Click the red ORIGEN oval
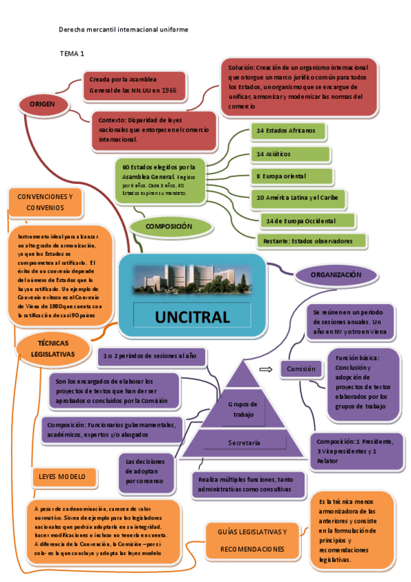42,104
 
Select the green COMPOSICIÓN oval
168,226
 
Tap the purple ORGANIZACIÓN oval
336,275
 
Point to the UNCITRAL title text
191,317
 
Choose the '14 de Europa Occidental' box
309,220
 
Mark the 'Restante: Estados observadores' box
312,241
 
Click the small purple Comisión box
301,369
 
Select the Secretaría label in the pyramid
244,443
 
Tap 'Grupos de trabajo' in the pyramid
244,409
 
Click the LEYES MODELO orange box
62,476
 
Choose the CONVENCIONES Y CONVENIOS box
45,201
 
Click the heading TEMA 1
72,54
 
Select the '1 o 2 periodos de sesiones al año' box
149,356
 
